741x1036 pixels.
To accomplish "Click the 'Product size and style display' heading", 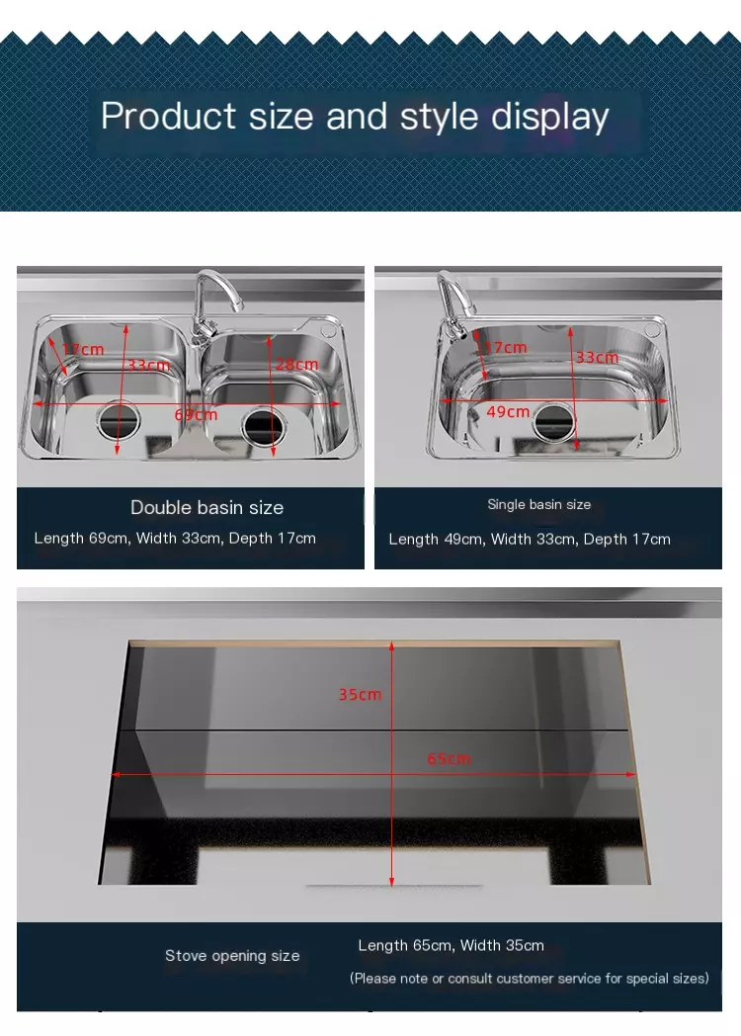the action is [x=355, y=117].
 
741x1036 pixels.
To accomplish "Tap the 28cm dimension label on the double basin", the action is [x=297, y=364].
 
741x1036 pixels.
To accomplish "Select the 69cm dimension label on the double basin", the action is [x=197, y=415].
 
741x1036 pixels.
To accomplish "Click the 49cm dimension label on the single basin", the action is [x=509, y=411].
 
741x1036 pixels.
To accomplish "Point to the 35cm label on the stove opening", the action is [x=360, y=694].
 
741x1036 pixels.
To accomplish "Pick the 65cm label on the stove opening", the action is [x=450, y=758].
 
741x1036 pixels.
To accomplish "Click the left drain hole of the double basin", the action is [x=119, y=420].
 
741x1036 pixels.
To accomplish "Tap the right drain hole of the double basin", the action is [x=263, y=426].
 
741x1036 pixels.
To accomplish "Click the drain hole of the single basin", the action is [x=554, y=421].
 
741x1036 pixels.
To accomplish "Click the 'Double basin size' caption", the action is [x=206, y=507].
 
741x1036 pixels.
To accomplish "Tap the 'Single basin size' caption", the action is [x=538, y=504].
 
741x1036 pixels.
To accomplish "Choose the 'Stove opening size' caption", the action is [x=232, y=955].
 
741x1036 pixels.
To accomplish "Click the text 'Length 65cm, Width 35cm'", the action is [x=452, y=945].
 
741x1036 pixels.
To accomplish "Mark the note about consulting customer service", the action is [x=530, y=978].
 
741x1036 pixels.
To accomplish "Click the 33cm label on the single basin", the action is [x=597, y=358].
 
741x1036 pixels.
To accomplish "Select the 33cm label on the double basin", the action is [x=148, y=366].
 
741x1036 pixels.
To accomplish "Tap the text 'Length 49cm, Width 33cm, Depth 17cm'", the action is [x=530, y=539].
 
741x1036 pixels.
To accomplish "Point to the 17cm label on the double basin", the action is [x=83, y=349].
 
